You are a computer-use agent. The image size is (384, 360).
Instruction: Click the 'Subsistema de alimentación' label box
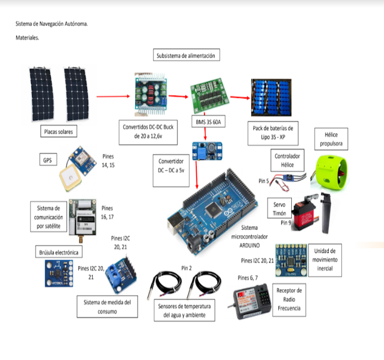click(x=187, y=55)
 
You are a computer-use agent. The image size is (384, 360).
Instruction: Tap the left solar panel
click(x=42, y=94)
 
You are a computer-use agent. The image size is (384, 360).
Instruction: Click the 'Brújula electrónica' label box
click(x=58, y=252)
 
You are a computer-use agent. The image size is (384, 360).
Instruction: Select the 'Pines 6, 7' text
click(x=251, y=278)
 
